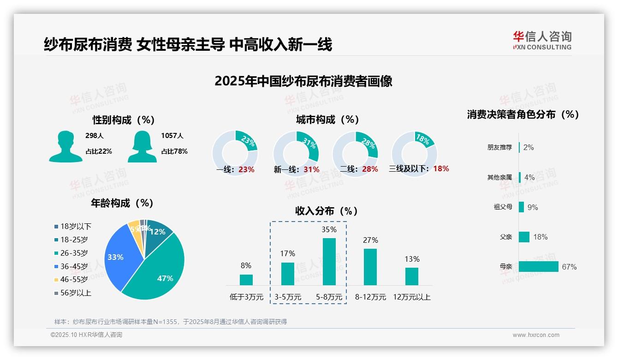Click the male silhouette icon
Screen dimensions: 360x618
pos(66,146)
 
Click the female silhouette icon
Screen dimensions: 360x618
pos(142,146)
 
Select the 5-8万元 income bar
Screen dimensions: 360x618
pos(329,261)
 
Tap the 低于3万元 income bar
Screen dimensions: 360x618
pos(246,280)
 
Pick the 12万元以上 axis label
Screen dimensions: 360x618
pos(411,297)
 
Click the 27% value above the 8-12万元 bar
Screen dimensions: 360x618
pos(370,240)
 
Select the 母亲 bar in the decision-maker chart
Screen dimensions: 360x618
pos(538,267)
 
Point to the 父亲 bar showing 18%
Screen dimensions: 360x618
pos(524,237)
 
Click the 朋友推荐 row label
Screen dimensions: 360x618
pos(499,148)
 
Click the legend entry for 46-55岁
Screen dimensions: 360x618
pos(71,279)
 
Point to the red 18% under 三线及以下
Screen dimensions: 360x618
pos(441,168)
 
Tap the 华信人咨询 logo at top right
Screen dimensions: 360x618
pos(542,40)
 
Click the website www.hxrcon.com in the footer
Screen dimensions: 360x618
pos(536,335)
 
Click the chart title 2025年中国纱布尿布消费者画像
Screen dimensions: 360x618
pos(303,81)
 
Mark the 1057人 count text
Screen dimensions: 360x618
pos(172,136)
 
